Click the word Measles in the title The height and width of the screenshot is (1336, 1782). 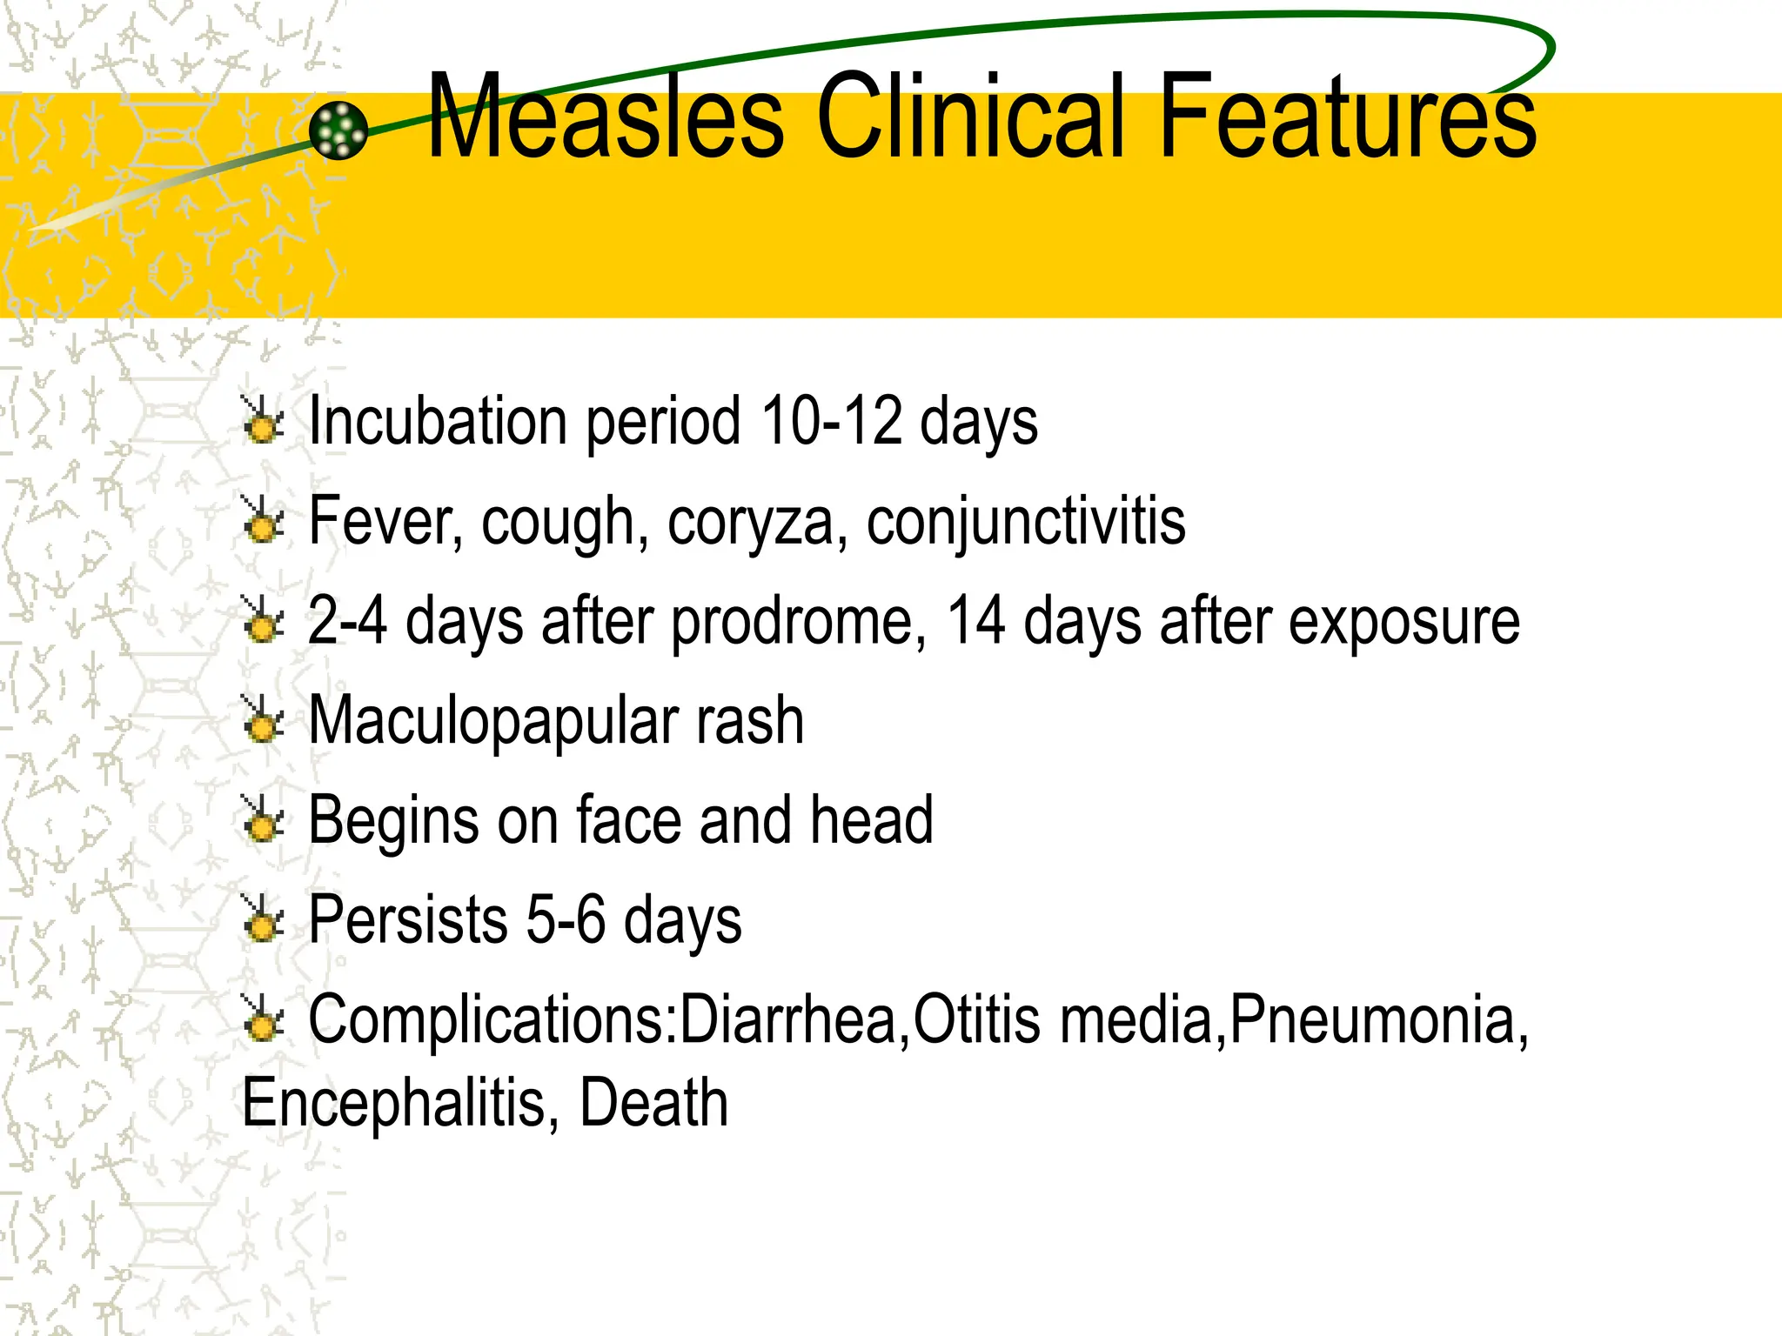606,117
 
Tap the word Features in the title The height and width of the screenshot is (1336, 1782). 1348,117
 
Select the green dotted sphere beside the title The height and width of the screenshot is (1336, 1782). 338,130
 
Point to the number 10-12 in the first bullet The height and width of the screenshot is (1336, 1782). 832,422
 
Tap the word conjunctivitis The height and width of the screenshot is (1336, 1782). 1026,523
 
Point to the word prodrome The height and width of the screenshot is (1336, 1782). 800,622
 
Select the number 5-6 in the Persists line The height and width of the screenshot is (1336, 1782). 566,921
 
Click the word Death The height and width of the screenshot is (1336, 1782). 653,1104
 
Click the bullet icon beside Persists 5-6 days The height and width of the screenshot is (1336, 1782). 262,919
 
